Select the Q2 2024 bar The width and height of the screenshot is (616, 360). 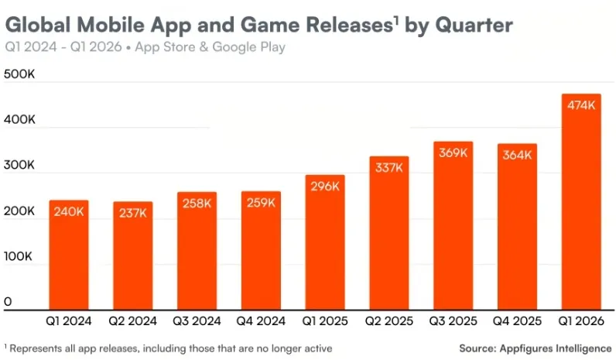(133, 255)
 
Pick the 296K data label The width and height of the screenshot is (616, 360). (325, 187)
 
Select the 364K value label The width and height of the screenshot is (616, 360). (517, 155)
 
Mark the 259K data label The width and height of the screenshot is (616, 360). (261, 203)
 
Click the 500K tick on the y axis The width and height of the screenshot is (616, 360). (19, 74)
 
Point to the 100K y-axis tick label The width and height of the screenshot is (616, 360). (19, 256)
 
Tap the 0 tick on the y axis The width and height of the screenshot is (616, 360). (8, 302)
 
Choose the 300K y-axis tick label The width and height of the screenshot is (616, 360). (19, 166)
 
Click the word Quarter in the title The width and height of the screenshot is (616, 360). (473, 26)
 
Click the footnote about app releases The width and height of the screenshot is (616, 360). (170, 348)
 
